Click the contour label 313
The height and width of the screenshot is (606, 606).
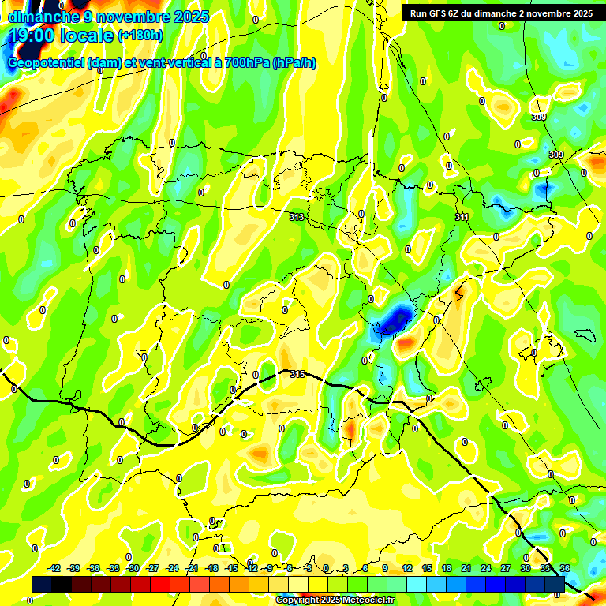click(x=297, y=217)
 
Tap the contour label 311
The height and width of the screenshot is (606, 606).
click(x=462, y=217)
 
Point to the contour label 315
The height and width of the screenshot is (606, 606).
click(x=297, y=374)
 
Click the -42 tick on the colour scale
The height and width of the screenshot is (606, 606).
click(x=54, y=568)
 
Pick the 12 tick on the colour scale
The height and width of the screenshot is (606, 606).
click(x=407, y=568)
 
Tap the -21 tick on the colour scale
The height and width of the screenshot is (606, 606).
click(x=192, y=568)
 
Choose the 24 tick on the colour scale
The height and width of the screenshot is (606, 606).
click(x=485, y=568)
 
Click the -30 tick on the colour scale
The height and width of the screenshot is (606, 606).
click(x=133, y=568)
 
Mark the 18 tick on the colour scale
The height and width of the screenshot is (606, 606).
click(x=447, y=568)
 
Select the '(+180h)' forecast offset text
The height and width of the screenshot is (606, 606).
click(x=140, y=36)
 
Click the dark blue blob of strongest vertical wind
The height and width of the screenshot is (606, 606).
click(x=394, y=320)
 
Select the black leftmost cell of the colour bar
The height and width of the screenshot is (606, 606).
click(x=42, y=584)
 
